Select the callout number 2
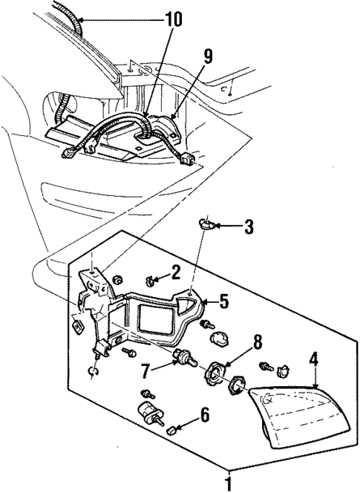coord(176,272)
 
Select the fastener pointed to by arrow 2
coord(151,281)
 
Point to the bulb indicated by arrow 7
coord(182,359)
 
